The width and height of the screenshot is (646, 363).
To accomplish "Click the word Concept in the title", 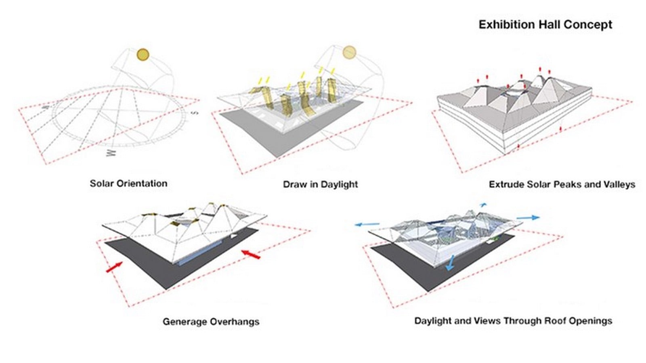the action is coord(588,25).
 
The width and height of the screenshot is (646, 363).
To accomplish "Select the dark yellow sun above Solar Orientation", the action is coord(143,54).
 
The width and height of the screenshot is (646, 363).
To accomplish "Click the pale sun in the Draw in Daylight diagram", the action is coord(349,52).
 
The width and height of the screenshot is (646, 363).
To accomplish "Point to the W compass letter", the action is coord(111,153).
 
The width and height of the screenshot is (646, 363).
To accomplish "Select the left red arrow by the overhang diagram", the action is coord(115,267).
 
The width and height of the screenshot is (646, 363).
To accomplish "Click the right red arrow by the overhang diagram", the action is coord(251,255).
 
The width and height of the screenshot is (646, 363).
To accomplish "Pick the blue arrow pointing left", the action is coord(367,224).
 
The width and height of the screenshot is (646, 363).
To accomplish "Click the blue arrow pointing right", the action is coord(528,217).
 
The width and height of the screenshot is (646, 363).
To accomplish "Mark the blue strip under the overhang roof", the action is coord(199,253).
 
